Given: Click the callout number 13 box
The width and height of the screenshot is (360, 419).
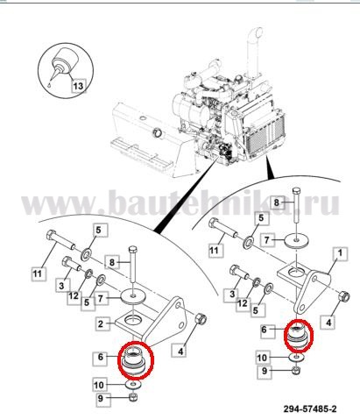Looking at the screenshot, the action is coord(78,86).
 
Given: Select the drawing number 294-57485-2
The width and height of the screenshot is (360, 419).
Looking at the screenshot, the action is coord(309,408).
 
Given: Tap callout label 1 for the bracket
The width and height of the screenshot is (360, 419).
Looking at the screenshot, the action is coord(339,253).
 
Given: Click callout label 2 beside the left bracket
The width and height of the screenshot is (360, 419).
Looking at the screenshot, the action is coord(101,323).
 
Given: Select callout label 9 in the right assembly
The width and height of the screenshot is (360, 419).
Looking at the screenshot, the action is coord(265,371).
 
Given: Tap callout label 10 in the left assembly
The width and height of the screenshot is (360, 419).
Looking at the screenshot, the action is coord(99,385).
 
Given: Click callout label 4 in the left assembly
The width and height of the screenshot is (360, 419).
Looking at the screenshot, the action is coord(180,351).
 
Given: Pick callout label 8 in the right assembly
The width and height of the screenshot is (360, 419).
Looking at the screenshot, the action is coord(276,202).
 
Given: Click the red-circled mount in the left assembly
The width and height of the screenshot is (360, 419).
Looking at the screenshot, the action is coord(135,360).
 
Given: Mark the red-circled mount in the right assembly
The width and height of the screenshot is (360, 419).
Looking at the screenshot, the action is coord(299,336).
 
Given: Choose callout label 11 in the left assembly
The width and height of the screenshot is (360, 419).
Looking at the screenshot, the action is coord(38,273).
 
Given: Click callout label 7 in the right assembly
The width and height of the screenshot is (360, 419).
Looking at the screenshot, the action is coord(267,240).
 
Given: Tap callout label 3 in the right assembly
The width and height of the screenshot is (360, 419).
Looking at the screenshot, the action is coord(232,294).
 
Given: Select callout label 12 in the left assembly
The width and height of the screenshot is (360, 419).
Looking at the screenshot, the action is coord(74,296).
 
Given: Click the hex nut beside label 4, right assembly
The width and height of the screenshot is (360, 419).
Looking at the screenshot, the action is coord(344,297).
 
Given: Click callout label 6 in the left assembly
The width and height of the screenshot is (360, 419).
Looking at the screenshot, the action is coord(101,357).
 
